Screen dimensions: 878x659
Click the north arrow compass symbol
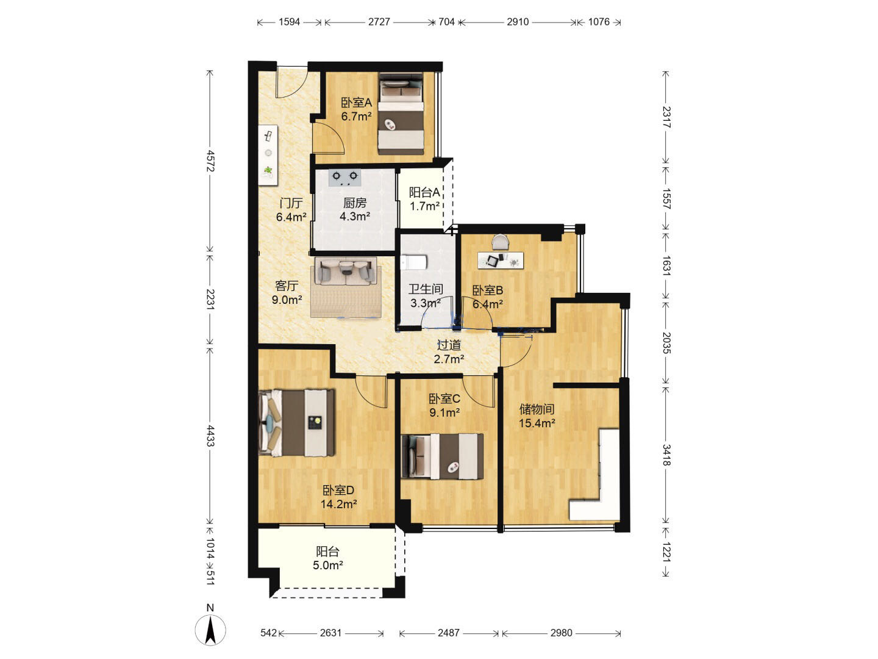(210, 629)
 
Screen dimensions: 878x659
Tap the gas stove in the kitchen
(344, 178)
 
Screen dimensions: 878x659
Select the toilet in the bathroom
(413, 262)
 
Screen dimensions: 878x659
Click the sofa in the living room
(346, 272)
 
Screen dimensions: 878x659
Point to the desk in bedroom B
(501, 261)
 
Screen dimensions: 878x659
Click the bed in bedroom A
(401, 113)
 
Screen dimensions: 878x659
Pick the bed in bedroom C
(442, 456)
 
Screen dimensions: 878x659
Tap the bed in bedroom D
(297, 423)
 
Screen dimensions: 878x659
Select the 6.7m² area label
(356, 117)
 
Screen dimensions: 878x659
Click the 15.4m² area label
(537, 423)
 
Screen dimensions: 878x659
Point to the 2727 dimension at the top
(379, 21)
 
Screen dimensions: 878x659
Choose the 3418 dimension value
(666, 455)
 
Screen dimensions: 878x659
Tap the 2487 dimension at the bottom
(448, 633)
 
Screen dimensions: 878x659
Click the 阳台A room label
(424, 192)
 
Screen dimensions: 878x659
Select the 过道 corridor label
(449, 345)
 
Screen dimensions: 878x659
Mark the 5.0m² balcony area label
(327, 566)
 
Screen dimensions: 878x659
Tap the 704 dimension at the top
(446, 21)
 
